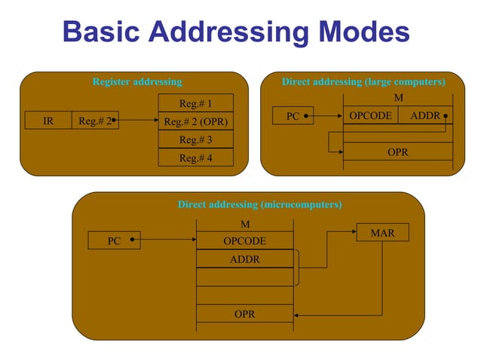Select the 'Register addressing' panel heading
(136, 81)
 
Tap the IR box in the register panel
(48, 121)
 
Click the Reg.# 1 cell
(195, 103)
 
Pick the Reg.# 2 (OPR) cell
(195, 121)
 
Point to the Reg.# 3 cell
(195, 140)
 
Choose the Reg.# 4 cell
(195, 158)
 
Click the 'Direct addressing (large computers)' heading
(363, 81)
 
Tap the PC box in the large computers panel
(294, 117)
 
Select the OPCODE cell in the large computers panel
(370, 116)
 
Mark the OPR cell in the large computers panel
(398, 152)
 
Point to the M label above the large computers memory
(398, 99)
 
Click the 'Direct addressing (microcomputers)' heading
(259, 204)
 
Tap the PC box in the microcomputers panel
(115, 241)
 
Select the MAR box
(383, 233)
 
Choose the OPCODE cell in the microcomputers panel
(244, 241)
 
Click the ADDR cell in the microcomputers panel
(244, 259)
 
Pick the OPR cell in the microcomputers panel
(244, 314)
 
